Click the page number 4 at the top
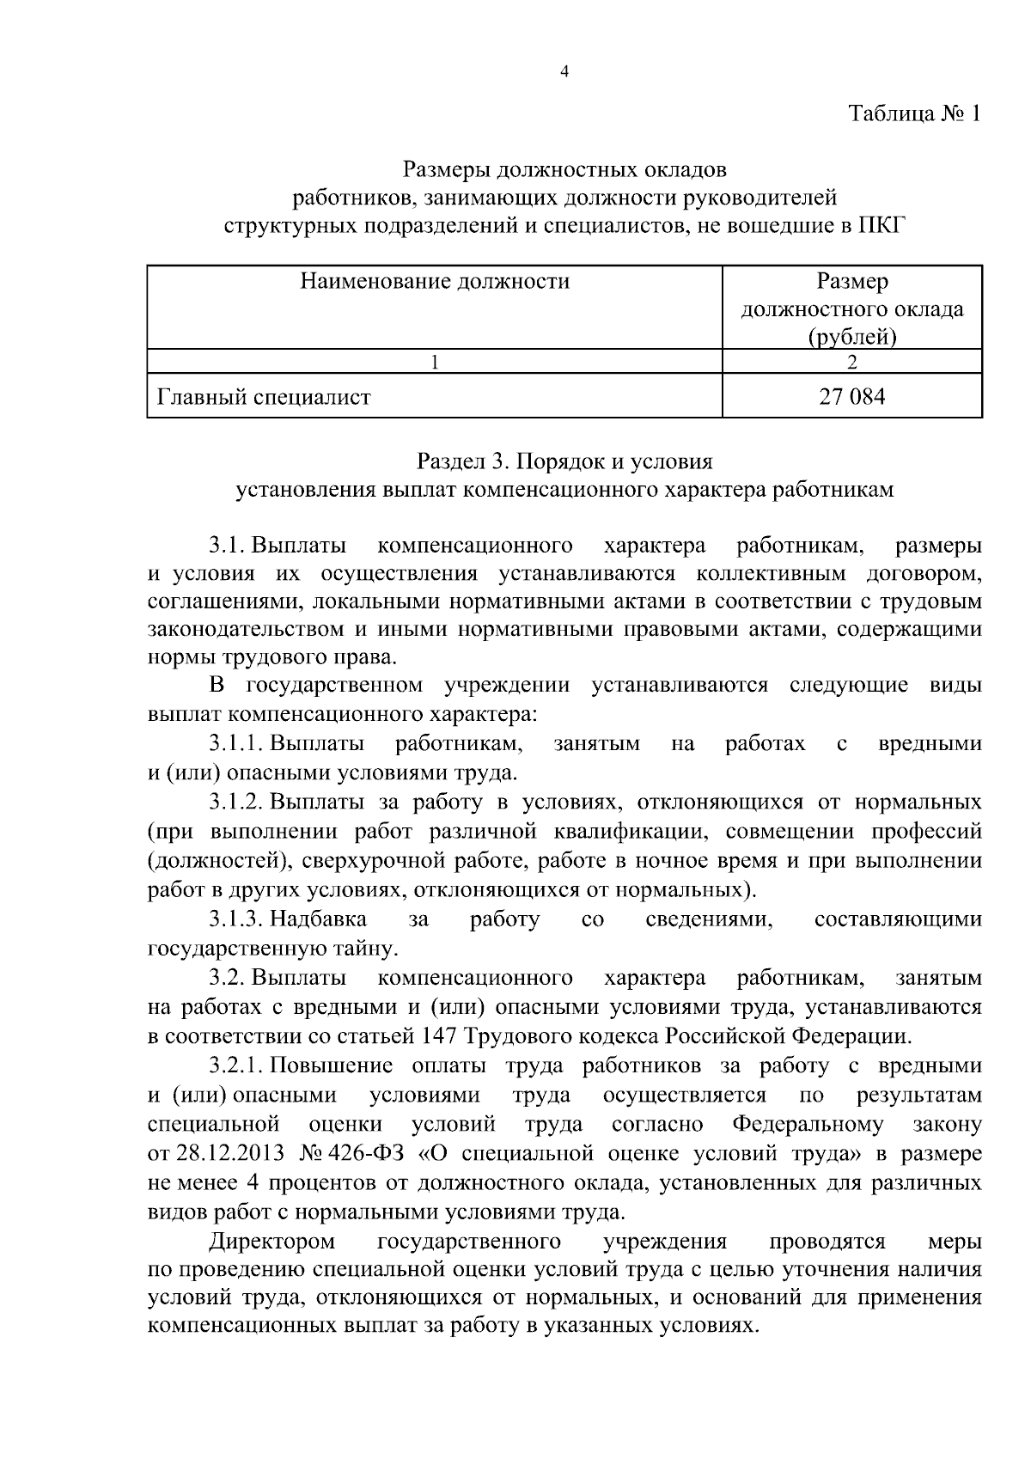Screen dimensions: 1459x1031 pos(564,72)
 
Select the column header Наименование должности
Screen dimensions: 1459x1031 pos(435,281)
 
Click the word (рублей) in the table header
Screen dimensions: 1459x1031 pos(851,338)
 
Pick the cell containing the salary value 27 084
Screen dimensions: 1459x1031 pos(851,397)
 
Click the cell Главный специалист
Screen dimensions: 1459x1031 pos(264,397)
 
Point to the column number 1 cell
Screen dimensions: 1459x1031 pos(435,362)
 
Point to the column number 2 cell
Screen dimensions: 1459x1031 pos(851,362)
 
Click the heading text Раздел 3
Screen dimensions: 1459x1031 pos(464,461)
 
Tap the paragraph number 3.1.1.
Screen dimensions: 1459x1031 pos(236,743)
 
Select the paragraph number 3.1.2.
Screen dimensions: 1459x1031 pos(236,803)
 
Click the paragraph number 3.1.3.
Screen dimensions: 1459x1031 pos(236,919)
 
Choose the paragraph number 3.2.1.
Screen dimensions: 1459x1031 pos(236,1066)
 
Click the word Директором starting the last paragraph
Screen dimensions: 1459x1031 pos(272,1242)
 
